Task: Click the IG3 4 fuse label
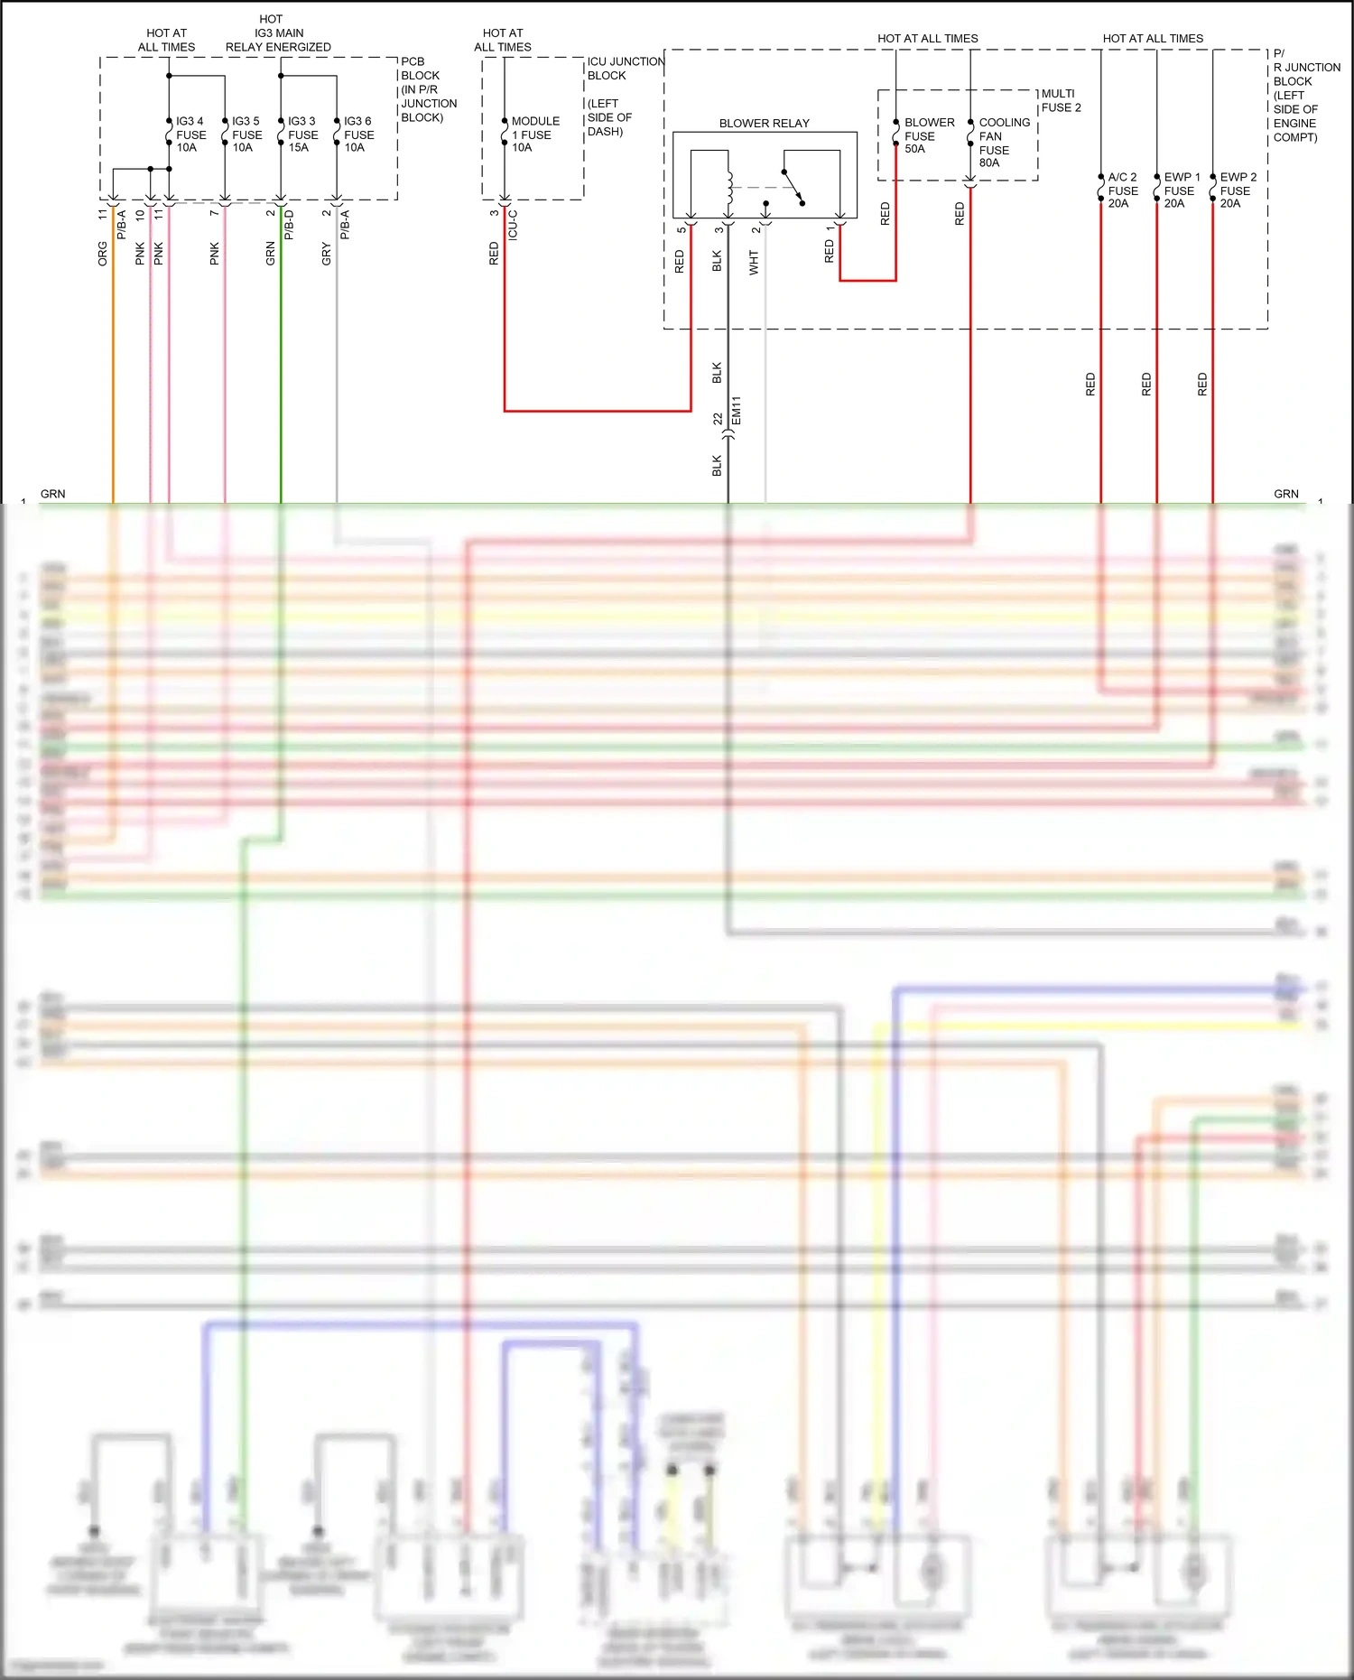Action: coord(190,135)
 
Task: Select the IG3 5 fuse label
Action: coord(246,135)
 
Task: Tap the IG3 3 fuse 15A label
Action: coord(302,135)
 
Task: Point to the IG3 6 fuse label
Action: coord(358,135)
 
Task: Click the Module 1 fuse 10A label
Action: coord(535,135)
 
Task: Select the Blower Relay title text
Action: coord(764,124)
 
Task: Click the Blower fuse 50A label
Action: coord(929,135)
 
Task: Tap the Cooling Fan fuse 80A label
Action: coord(1004,143)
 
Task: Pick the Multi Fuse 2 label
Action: coord(1061,100)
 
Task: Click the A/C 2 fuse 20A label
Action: coord(1122,190)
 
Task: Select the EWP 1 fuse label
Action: coord(1182,190)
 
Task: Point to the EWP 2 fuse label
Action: coord(1238,190)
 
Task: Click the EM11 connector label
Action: coord(737,411)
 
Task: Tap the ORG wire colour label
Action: coord(103,254)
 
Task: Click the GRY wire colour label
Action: coord(327,254)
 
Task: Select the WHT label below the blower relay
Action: coord(754,263)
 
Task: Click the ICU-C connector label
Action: coord(513,225)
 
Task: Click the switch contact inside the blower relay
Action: coord(793,187)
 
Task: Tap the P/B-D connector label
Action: coord(289,225)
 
